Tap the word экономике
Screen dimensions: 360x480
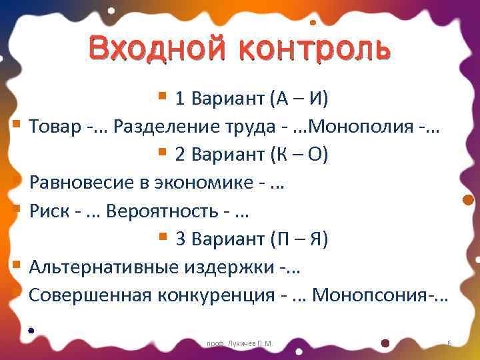pyautogui.click(x=201, y=183)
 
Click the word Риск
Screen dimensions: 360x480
pyautogui.click(x=49, y=211)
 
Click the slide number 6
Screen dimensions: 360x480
pyautogui.click(x=449, y=343)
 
